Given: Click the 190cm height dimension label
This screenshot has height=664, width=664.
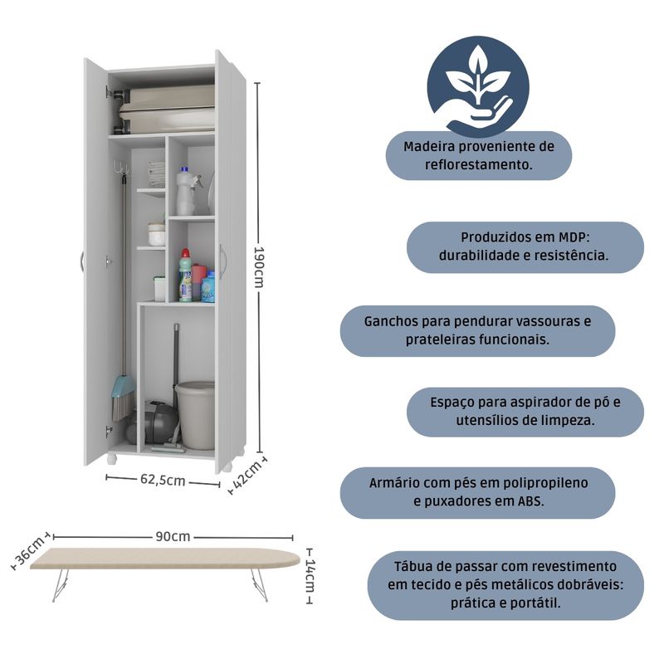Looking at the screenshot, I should [x=260, y=266].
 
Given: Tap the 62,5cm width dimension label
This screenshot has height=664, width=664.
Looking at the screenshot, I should [x=163, y=481].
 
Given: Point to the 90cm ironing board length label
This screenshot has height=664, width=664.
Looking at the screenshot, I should [x=173, y=536].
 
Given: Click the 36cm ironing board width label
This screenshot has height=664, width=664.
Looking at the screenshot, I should [x=31, y=550].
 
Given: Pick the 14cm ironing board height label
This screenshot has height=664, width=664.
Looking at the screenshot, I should [x=310, y=574].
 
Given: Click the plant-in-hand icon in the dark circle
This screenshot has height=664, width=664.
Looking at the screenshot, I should [x=477, y=85].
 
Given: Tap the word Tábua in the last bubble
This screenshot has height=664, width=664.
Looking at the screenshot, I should [x=414, y=564].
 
